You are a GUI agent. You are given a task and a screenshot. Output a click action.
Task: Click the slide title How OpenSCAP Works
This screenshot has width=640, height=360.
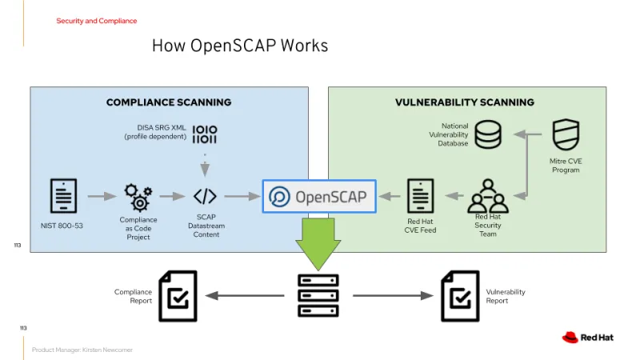coord(240,46)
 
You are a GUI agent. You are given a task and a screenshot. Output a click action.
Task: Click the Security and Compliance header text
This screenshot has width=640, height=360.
coord(96,21)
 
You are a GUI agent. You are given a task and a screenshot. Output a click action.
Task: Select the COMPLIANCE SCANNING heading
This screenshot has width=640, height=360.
coord(169,102)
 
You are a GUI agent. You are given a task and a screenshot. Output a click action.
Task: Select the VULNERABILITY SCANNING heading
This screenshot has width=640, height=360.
coord(465,102)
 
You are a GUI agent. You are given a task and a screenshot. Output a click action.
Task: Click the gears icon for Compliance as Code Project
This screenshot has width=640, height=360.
coord(138,197)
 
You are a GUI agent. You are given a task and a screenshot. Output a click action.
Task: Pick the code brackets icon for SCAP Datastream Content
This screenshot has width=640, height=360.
coord(205,196)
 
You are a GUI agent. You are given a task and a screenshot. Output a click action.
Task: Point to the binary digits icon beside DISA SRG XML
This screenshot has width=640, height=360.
coord(205,134)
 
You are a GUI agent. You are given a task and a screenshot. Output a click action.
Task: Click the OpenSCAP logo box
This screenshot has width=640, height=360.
coord(320,196)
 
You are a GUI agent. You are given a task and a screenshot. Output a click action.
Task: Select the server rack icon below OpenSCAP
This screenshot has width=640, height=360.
coord(318,296)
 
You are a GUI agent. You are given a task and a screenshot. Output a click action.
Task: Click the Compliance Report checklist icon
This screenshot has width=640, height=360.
coord(177,295)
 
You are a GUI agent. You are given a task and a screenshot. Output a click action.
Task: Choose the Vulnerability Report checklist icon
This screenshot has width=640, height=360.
coord(460,295)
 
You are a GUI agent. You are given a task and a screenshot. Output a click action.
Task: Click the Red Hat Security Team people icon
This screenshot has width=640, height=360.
coord(488,194)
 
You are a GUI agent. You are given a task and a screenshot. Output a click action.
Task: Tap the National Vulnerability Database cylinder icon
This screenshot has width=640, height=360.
coord(488,134)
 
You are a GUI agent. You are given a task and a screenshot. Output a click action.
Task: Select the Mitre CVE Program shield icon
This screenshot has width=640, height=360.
coord(566,134)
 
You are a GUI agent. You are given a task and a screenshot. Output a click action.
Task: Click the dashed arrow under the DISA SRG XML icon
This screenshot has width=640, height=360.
coord(205,166)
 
